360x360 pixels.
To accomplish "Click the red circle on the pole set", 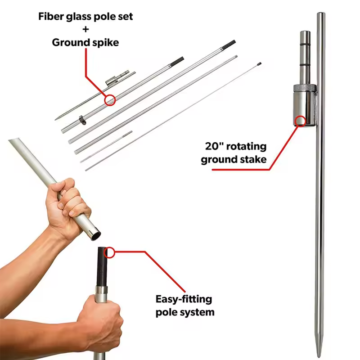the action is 109,99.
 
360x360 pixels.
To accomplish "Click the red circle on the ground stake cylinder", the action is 300,120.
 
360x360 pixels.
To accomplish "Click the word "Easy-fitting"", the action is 184,299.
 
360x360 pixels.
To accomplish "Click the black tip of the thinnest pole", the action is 259,64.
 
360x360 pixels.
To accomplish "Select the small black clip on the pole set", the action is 81,120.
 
